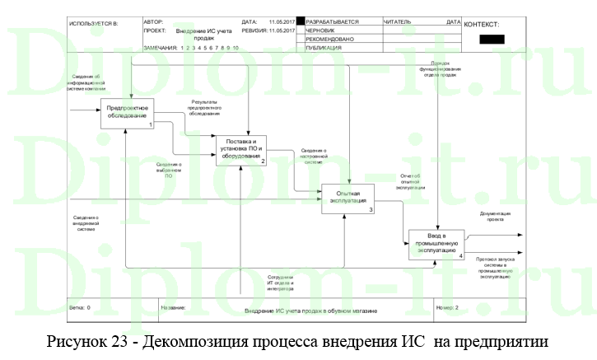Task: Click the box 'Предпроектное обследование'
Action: coord(127,113)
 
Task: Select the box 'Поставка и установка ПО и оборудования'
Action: coord(241,150)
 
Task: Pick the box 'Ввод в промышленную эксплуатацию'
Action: coord(436,245)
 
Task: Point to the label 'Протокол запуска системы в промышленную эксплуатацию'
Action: coord(496,268)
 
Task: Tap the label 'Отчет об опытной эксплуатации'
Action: coord(410,180)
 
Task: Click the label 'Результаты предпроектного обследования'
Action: coord(203,107)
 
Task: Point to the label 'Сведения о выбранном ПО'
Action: coord(169,170)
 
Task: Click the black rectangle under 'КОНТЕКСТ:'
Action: coord(492,38)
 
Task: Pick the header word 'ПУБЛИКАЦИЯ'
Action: coord(326,48)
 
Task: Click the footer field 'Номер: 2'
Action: coord(446,307)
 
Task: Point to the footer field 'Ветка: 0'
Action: coord(80,307)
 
